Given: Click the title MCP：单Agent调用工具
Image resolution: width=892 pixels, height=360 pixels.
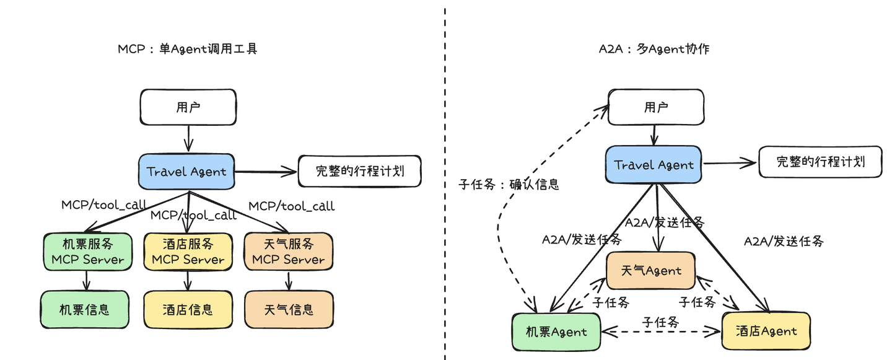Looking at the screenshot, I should point(187,49).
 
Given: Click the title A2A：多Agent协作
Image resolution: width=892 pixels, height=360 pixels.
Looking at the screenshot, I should point(654,49).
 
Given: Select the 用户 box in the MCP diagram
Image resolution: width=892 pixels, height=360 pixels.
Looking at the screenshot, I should point(188,107).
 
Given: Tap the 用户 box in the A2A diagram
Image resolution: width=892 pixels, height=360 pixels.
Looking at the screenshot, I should point(655,107).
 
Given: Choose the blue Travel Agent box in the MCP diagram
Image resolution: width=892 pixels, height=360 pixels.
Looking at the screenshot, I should point(186,172).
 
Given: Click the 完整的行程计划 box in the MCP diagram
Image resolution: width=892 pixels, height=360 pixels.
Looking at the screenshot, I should point(359,171).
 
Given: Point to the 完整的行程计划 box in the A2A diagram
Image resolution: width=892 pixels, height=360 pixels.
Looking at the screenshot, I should point(820,162).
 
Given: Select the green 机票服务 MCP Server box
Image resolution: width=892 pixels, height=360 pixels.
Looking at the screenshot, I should point(87,252).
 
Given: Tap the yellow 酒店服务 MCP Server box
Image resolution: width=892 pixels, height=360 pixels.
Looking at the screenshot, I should point(188,252).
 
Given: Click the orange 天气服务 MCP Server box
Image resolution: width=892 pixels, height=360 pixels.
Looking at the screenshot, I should point(289,252).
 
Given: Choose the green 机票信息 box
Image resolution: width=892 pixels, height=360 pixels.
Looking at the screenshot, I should point(85,309).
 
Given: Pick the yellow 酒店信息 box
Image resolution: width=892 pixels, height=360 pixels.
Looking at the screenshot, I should point(188,309).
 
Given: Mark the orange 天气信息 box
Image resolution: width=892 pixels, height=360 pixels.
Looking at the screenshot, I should point(289,309).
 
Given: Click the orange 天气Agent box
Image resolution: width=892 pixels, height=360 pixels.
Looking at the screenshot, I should point(651,270).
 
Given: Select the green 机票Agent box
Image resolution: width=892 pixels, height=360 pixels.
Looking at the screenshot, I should point(556,331).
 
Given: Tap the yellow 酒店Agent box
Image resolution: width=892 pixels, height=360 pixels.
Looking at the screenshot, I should point(766,331).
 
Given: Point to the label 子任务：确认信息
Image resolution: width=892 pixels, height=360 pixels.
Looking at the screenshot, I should point(509,184).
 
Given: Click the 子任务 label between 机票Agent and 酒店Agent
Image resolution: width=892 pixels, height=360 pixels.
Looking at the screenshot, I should point(660,322).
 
